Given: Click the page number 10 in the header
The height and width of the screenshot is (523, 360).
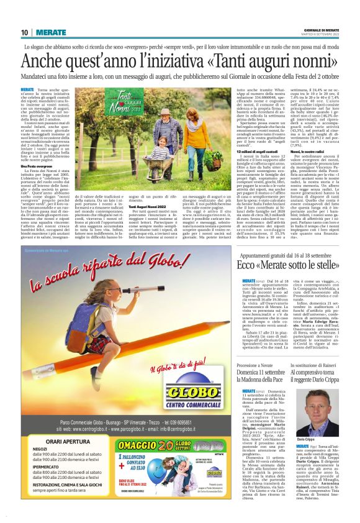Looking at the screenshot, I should [x=24, y=32].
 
